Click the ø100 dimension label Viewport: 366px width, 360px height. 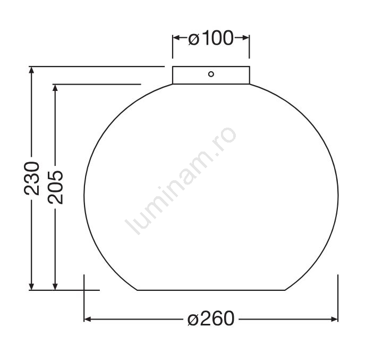coord(211,38)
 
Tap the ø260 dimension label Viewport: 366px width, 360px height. coord(211,318)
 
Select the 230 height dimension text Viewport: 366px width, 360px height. coord(32,179)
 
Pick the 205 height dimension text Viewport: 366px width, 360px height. coord(55,187)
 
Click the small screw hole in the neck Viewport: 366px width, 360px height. coord(211,74)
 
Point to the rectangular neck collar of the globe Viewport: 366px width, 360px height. coord(211,75)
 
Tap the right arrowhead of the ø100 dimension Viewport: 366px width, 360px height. coord(246,38)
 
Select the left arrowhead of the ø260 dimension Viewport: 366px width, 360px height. coord(88,319)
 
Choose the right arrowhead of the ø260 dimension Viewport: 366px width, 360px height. coord(334,319)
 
